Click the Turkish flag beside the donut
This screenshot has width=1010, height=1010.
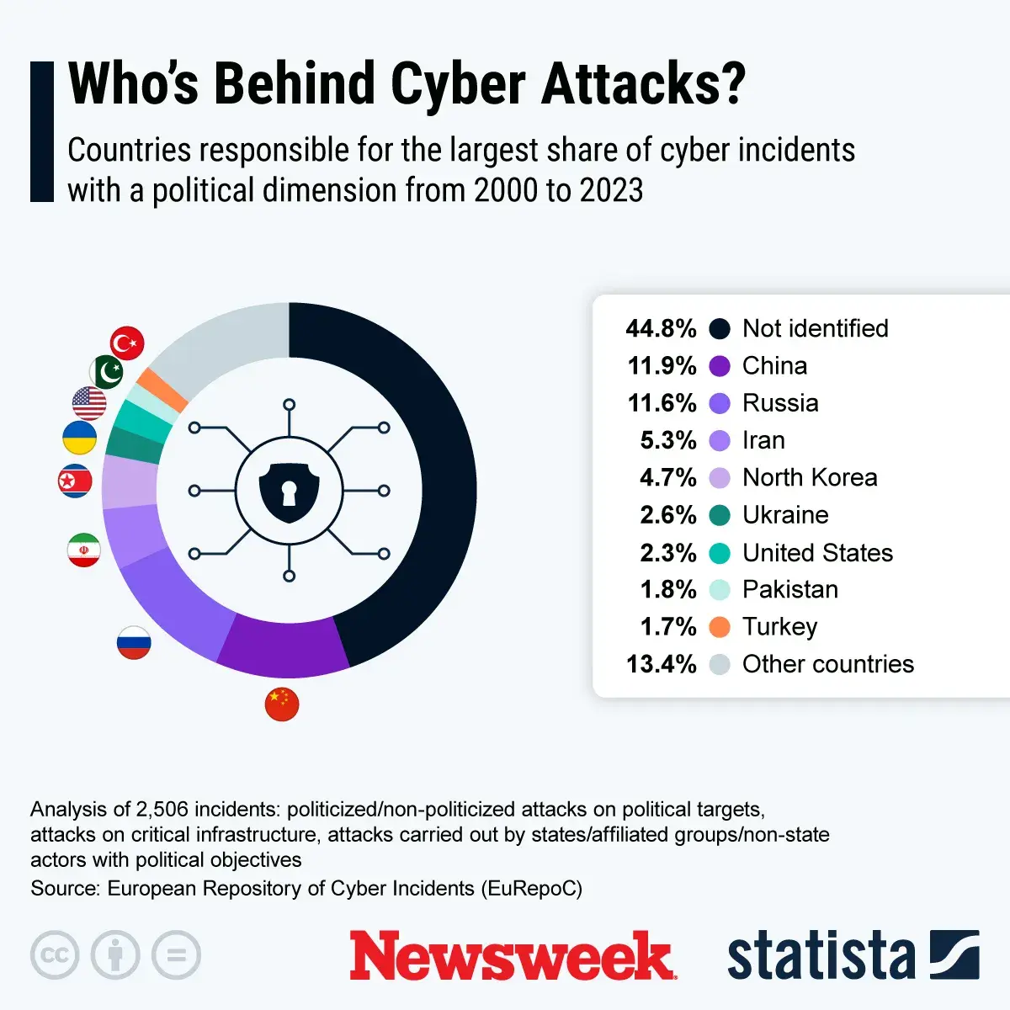point(127,343)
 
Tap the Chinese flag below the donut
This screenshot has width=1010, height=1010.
point(282,704)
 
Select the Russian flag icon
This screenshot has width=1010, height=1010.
point(134,642)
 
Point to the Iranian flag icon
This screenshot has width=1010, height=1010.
point(84,550)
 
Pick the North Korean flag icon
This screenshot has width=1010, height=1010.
point(75,481)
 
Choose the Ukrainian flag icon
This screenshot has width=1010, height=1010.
point(80,439)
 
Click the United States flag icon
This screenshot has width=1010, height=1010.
point(89,403)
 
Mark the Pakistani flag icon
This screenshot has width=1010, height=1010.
point(107,371)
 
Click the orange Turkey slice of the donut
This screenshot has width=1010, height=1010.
point(162,390)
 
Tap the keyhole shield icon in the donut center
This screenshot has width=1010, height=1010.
point(289,490)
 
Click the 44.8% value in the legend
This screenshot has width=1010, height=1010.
point(661,328)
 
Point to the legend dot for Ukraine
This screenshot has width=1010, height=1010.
point(720,515)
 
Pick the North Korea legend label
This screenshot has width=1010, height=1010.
point(810,478)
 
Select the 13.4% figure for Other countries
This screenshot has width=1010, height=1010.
point(661,664)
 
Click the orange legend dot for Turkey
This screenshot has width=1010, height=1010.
point(720,627)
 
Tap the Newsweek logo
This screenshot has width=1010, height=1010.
point(512,955)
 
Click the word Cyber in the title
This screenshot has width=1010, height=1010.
point(457,84)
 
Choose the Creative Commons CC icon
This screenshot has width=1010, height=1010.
point(55,955)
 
